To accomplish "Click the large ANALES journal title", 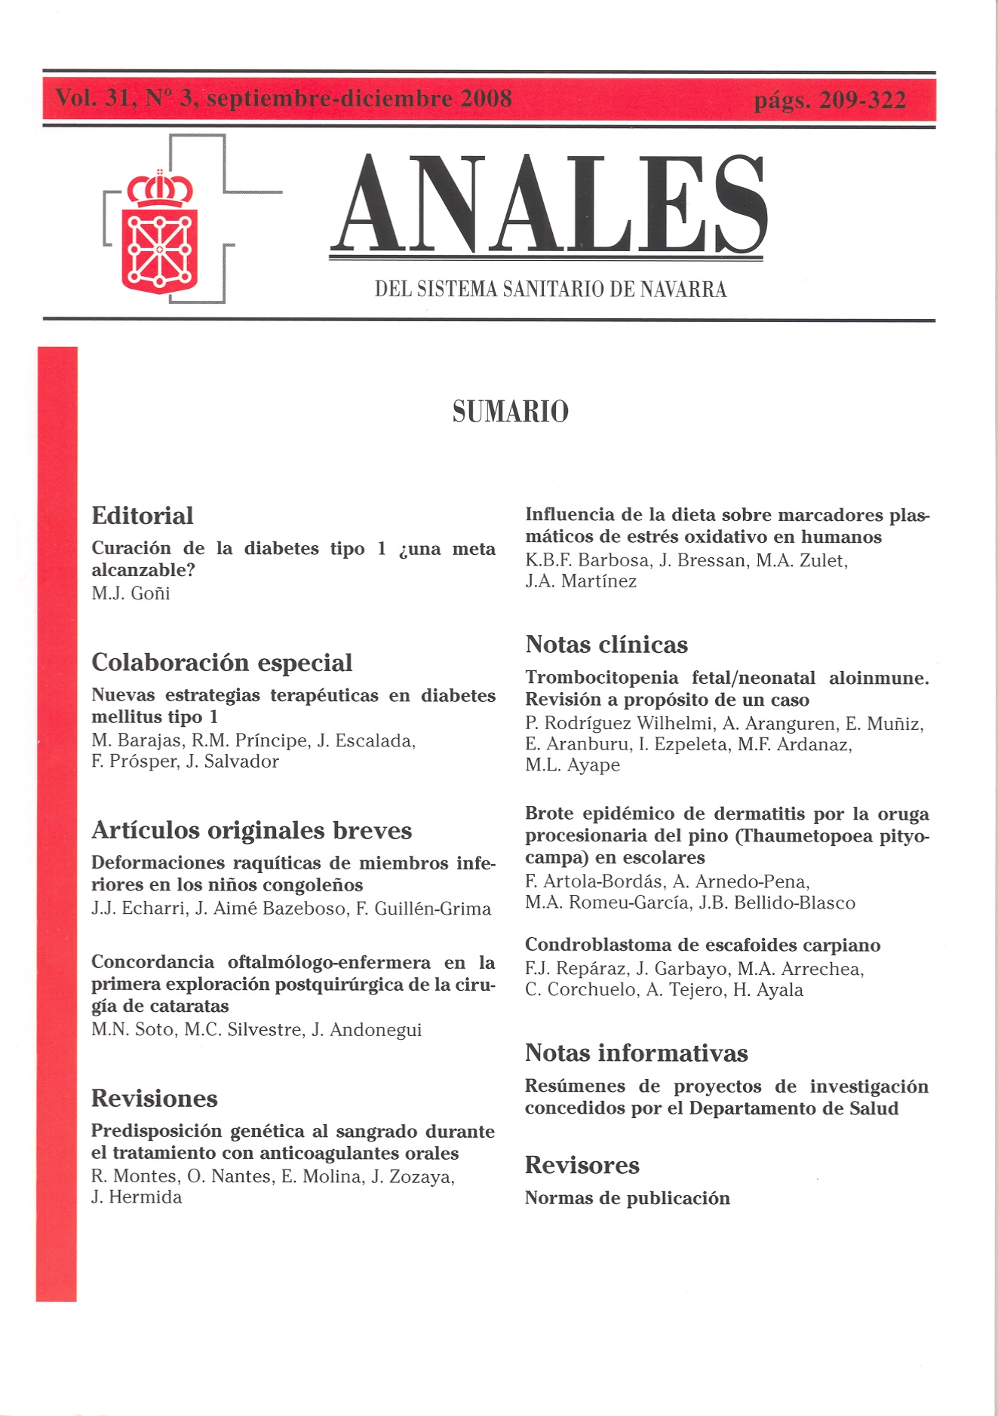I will (x=549, y=205).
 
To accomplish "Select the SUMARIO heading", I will (x=510, y=412).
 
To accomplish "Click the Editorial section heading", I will (x=143, y=516).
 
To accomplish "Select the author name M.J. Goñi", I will (x=131, y=593).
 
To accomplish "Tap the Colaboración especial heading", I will (x=222, y=663).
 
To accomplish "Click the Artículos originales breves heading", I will (x=251, y=831).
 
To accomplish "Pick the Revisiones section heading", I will (x=155, y=1099).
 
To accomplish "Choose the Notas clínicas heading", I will (x=606, y=645).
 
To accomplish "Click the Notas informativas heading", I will (x=636, y=1053).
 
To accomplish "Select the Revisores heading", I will (x=582, y=1166).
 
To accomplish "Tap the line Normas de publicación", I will (x=627, y=1199).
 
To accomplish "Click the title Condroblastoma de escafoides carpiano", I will (x=702, y=946).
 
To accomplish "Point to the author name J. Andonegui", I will (x=366, y=1030).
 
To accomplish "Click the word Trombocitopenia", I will (x=602, y=678).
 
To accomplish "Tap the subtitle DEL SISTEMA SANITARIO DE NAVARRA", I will (x=551, y=290).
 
